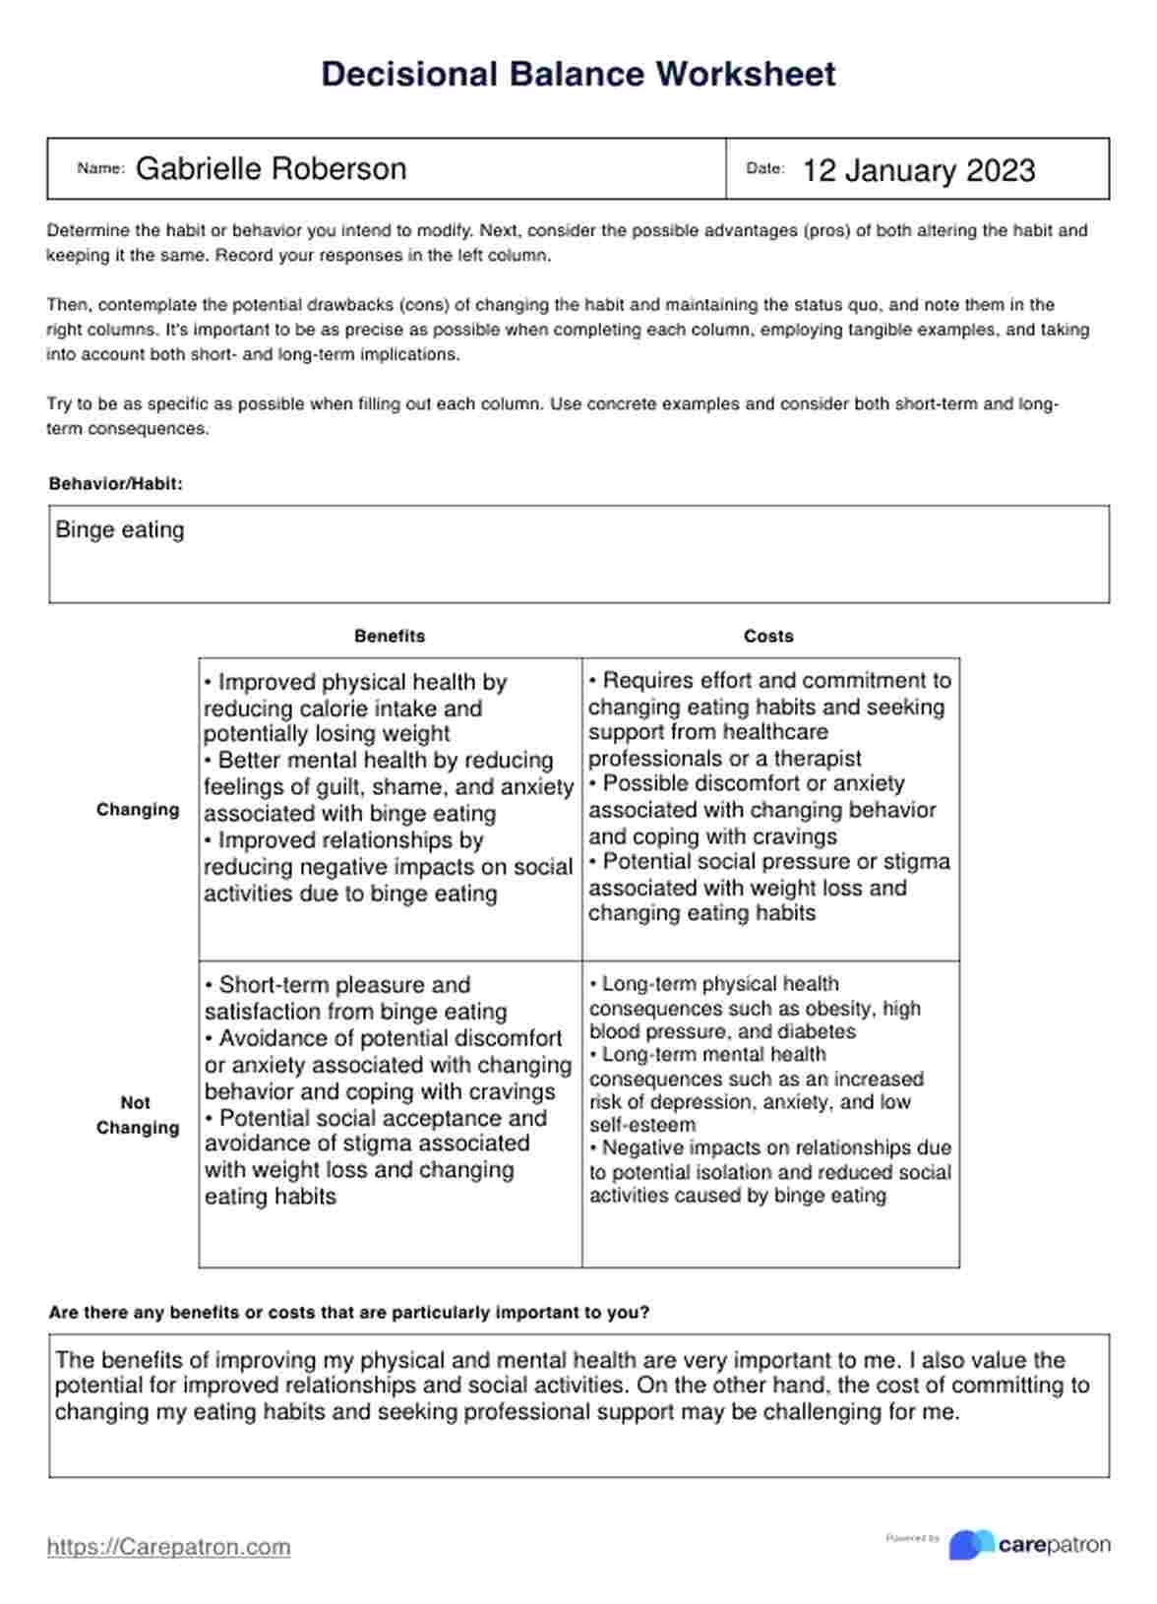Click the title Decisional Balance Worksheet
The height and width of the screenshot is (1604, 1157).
pos(578,75)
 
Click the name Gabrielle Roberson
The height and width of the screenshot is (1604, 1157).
pos(271,169)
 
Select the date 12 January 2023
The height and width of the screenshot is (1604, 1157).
pos(918,171)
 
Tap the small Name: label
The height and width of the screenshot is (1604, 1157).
pos(100,169)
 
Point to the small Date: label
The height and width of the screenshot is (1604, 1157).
pos(764,169)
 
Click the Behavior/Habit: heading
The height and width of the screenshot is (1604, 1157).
pos(115,484)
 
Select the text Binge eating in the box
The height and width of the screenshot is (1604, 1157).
pos(120,530)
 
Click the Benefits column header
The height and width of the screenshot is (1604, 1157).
pos(390,637)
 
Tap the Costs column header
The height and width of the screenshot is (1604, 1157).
pos(768,637)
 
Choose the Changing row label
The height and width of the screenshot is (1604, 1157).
pos(138,810)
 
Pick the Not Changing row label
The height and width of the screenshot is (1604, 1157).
pos(137,1115)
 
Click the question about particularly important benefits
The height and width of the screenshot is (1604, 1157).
pos(348,1313)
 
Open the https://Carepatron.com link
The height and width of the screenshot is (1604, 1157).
pos(168,1547)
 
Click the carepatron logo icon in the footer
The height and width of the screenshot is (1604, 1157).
pos(970,1545)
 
